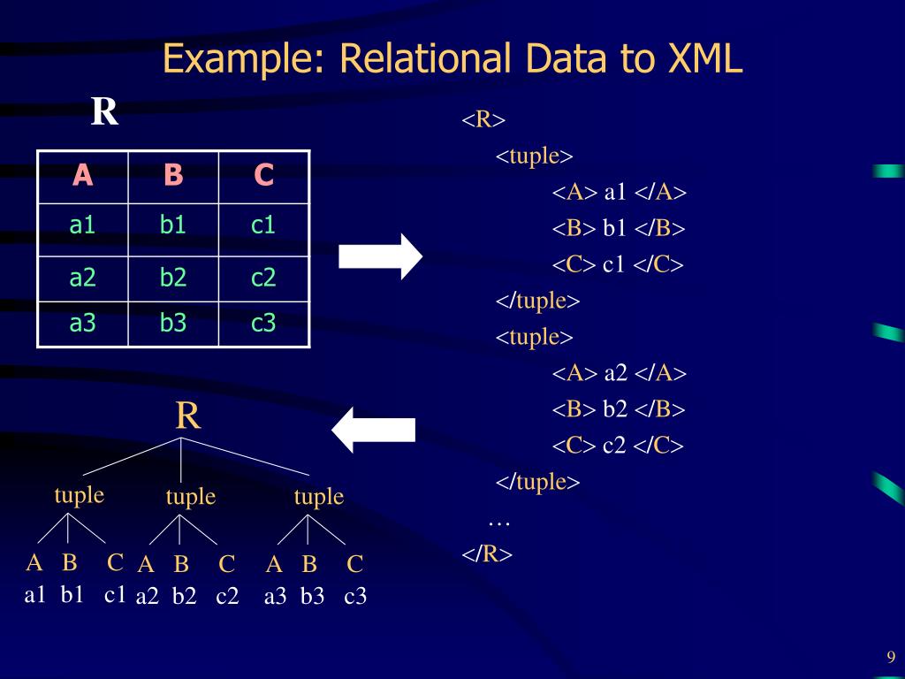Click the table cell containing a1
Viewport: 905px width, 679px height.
pyautogui.click(x=82, y=225)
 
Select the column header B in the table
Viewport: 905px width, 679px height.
pyautogui.click(x=173, y=176)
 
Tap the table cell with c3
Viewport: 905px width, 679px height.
pyautogui.click(x=263, y=324)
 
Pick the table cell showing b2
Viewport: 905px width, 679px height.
pyautogui.click(x=173, y=278)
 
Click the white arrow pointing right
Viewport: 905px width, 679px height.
pyautogui.click(x=381, y=256)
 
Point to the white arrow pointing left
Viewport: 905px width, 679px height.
pyautogui.click(x=373, y=429)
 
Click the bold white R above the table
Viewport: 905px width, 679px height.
pyautogui.click(x=104, y=112)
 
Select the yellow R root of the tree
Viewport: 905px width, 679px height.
pyautogui.click(x=187, y=416)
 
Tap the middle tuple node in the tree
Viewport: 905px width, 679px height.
pyautogui.click(x=191, y=497)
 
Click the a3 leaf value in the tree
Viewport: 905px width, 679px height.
pyautogui.click(x=276, y=597)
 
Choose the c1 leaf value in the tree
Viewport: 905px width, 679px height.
pyautogui.click(x=115, y=594)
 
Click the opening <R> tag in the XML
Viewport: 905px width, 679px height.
pyautogui.click(x=483, y=119)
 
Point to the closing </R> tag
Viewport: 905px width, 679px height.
pyautogui.click(x=487, y=554)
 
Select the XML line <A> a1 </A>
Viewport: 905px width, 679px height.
pyautogui.click(x=620, y=193)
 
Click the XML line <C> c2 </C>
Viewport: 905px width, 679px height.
pyautogui.click(x=619, y=446)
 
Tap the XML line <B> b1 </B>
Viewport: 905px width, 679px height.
pyautogui.click(x=619, y=229)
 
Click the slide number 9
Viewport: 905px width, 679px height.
pyautogui.click(x=891, y=656)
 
